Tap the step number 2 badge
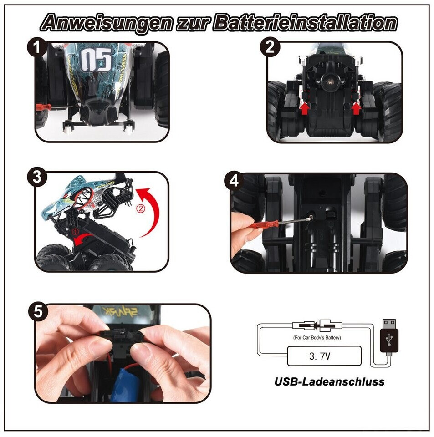pyautogui.click(x=270, y=47)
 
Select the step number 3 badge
pyautogui.click(x=37, y=177)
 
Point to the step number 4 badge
pyautogui.click(x=234, y=181)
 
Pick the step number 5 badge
pyautogui.click(x=38, y=311)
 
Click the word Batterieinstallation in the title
pyautogui.click(x=305, y=23)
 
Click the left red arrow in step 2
pyautogui.click(x=305, y=108)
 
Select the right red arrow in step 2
pyautogui.click(x=356, y=108)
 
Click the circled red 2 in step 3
pyautogui.click(x=141, y=208)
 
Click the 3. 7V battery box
pyautogui.click(x=324, y=356)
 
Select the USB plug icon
pyautogui.click(x=389, y=337)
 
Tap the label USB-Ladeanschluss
pyautogui.click(x=329, y=381)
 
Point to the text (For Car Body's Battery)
pyautogui.click(x=317, y=337)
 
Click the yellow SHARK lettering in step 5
pyautogui.click(x=120, y=311)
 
